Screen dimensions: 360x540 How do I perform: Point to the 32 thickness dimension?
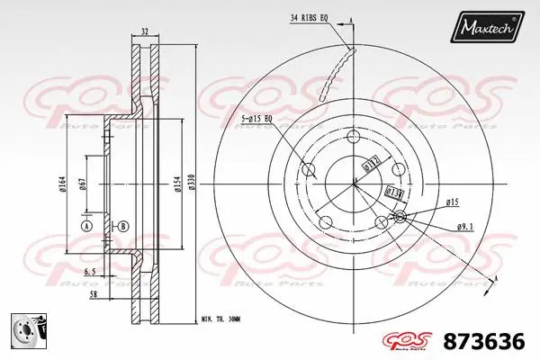click(145, 31)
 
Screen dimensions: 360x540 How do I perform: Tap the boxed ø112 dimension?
click(370, 163)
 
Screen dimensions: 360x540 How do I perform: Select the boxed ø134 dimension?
click(392, 192)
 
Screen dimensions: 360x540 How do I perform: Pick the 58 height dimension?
click(92, 294)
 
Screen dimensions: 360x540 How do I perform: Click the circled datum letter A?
click(86, 226)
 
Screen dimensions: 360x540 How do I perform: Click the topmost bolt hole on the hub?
click(353, 137)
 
